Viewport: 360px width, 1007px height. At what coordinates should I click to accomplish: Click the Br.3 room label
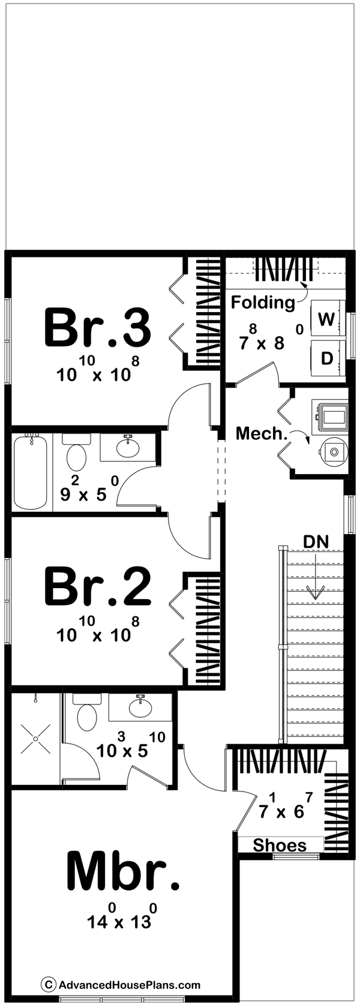click(x=97, y=328)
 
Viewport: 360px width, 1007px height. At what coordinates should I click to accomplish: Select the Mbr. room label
click(x=122, y=871)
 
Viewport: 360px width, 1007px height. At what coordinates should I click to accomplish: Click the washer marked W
click(x=326, y=319)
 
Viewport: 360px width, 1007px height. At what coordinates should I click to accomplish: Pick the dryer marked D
click(x=326, y=358)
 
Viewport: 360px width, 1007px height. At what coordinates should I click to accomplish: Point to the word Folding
click(x=263, y=302)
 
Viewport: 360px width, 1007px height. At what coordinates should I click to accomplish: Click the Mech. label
click(x=262, y=433)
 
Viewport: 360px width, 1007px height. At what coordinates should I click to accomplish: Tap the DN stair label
click(x=316, y=542)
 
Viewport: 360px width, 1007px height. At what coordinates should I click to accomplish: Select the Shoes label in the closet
click(x=280, y=846)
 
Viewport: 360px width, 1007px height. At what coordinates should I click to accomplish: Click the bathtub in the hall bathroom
click(x=31, y=472)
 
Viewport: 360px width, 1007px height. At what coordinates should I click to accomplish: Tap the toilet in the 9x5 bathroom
click(x=76, y=455)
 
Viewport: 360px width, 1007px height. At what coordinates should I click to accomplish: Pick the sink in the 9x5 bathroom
click(x=127, y=447)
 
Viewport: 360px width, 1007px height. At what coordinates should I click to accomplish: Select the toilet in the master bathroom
click(x=87, y=714)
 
